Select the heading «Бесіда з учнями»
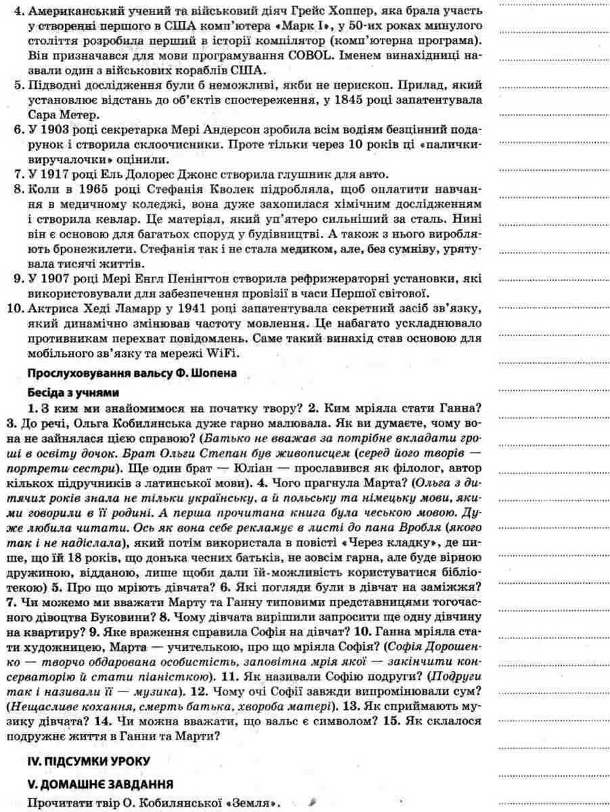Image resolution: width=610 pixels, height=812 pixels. [x=72, y=393]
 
